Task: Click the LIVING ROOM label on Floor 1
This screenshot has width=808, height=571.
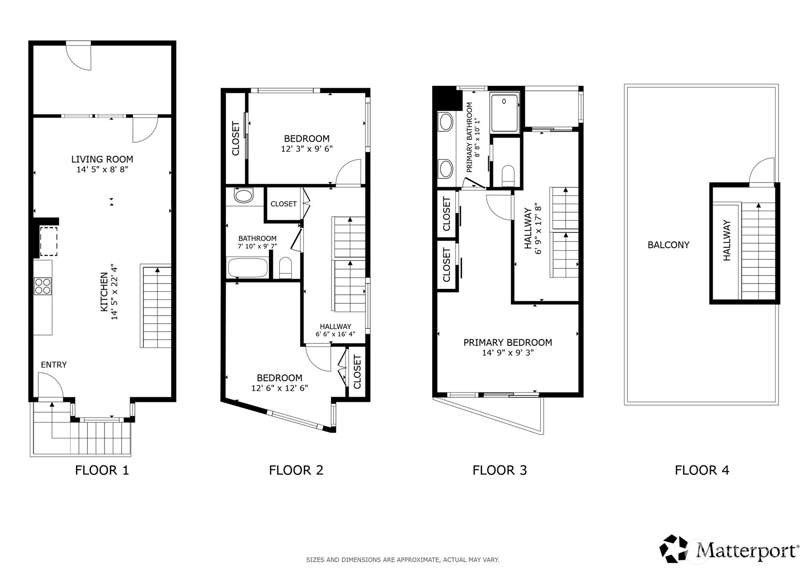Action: (x=102, y=159)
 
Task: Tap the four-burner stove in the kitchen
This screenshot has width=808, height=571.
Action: (x=43, y=286)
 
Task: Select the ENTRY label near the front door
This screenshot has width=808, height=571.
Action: (x=54, y=364)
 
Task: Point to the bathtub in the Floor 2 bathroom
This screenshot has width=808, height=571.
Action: (x=248, y=268)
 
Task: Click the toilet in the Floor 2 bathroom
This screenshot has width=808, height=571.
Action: (x=286, y=268)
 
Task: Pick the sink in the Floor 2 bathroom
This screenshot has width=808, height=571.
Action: (x=243, y=196)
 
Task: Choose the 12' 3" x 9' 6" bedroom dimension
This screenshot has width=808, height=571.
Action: (x=307, y=149)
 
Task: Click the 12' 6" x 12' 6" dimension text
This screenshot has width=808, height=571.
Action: (x=280, y=388)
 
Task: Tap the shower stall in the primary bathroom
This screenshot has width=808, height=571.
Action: (x=504, y=112)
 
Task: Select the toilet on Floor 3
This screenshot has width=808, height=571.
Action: (x=508, y=176)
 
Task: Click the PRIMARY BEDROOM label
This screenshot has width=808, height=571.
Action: (x=508, y=342)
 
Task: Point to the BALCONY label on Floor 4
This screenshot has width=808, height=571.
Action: (x=668, y=245)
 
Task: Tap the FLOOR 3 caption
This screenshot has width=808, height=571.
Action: (x=499, y=470)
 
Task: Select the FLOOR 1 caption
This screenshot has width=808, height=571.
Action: (x=102, y=470)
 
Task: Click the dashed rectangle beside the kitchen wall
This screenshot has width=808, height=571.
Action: (x=49, y=241)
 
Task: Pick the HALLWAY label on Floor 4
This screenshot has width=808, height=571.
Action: (x=727, y=240)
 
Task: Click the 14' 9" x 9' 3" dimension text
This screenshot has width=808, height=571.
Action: (x=508, y=353)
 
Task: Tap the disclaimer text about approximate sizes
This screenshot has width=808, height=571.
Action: (x=403, y=560)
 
